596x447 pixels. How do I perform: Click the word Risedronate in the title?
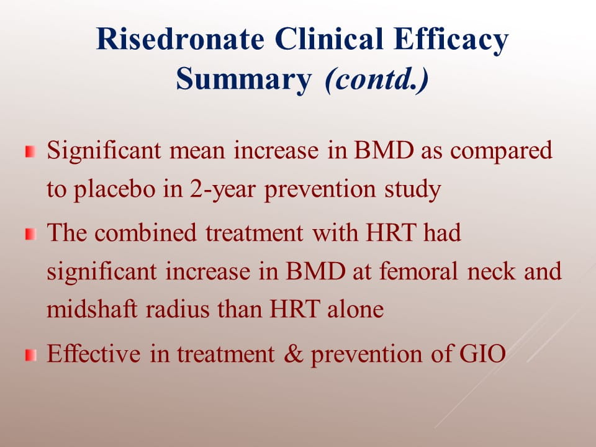pyautogui.click(x=180, y=38)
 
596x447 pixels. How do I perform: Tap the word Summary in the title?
pyautogui.click(x=243, y=79)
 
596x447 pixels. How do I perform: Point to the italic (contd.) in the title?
pyautogui.click(x=377, y=79)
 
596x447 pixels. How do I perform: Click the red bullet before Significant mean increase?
pyautogui.click(x=30, y=151)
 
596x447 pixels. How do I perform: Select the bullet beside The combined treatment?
pyautogui.click(x=30, y=234)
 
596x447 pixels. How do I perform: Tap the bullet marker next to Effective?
pyautogui.click(x=30, y=355)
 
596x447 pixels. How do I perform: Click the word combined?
pyautogui.click(x=145, y=232)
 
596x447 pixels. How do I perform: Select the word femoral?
pyautogui.click(x=418, y=271)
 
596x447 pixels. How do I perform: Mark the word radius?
pyautogui.click(x=178, y=309)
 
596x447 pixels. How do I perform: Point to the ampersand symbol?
pyautogui.click(x=294, y=353)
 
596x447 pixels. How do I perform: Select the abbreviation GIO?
pyautogui.click(x=482, y=353)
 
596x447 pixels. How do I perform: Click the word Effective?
pyautogui.click(x=94, y=353)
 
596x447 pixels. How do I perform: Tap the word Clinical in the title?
pyautogui.click(x=329, y=38)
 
